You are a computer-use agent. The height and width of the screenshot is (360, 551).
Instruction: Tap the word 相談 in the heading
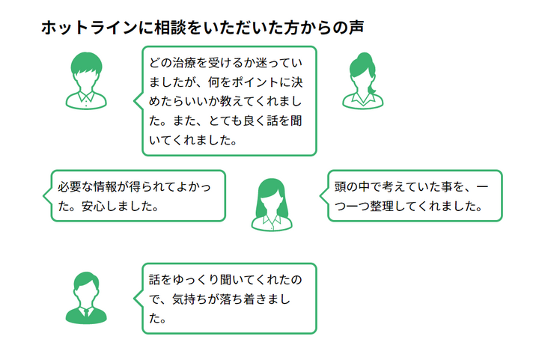coord(168,28)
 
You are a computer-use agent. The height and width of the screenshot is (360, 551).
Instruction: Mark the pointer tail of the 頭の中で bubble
coord(324,196)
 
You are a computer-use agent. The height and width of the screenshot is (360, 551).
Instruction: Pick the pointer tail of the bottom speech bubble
coord(138,298)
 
